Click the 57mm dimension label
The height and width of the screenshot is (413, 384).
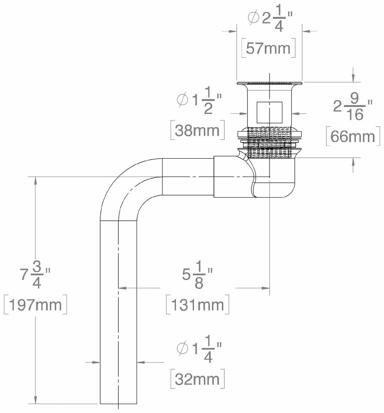(268, 48)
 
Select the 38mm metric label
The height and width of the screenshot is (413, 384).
(197, 131)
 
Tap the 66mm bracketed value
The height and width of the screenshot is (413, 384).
(352, 136)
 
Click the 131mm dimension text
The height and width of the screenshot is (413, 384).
(197, 305)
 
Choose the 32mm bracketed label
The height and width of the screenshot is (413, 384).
(197, 380)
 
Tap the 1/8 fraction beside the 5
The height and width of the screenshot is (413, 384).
(199, 278)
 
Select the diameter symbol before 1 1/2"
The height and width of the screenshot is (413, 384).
(182, 101)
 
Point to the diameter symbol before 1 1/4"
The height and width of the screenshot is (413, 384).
(182, 349)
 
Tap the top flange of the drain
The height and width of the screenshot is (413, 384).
(269, 84)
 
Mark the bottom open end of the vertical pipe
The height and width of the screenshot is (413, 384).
(118, 403)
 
